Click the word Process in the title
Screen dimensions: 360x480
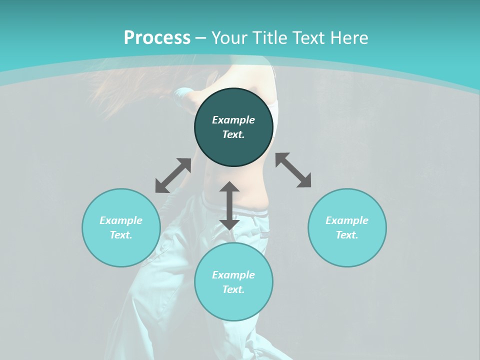157,38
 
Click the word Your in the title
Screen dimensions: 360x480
230,38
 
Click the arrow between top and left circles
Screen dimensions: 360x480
173,175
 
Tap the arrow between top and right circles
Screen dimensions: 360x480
293,170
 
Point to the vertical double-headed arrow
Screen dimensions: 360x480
229,205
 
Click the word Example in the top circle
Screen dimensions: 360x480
233,120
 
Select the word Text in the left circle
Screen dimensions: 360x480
121,235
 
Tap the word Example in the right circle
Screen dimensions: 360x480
347,220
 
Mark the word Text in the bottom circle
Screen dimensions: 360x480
233,289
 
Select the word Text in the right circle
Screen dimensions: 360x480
347,235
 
